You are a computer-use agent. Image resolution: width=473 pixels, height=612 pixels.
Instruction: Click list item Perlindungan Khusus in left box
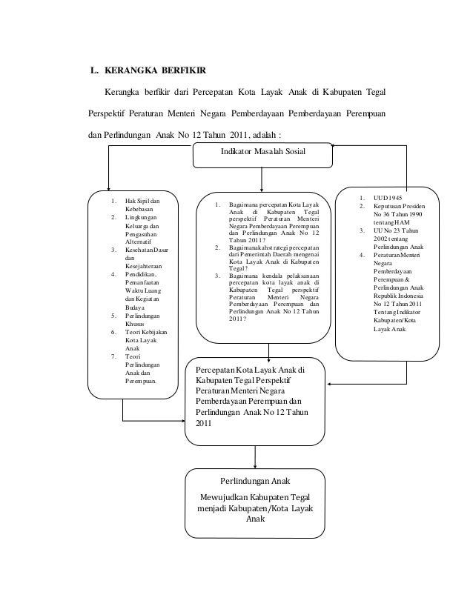coord(142,319)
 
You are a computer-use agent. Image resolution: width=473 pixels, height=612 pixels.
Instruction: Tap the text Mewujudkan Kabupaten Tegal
coord(255,496)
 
